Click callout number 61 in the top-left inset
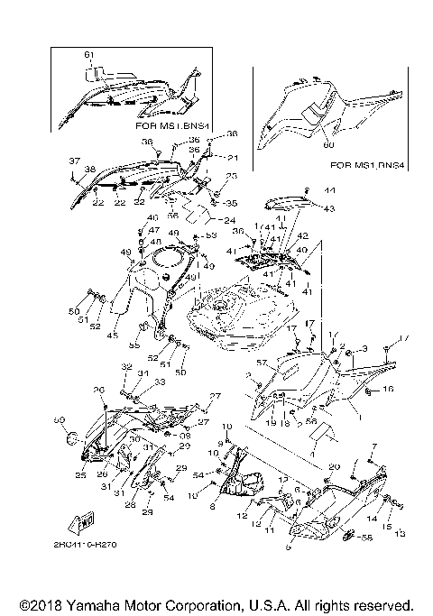click(x=88, y=55)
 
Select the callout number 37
click(x=73, y=161)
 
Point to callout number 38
click(x=89, y=169)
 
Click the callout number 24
click(x=231, y=220)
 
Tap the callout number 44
click(x=329, y=191)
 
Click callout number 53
click(x=213, y=235)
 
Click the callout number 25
click(x=81, y=475)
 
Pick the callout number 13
click(x=401, y=533)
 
